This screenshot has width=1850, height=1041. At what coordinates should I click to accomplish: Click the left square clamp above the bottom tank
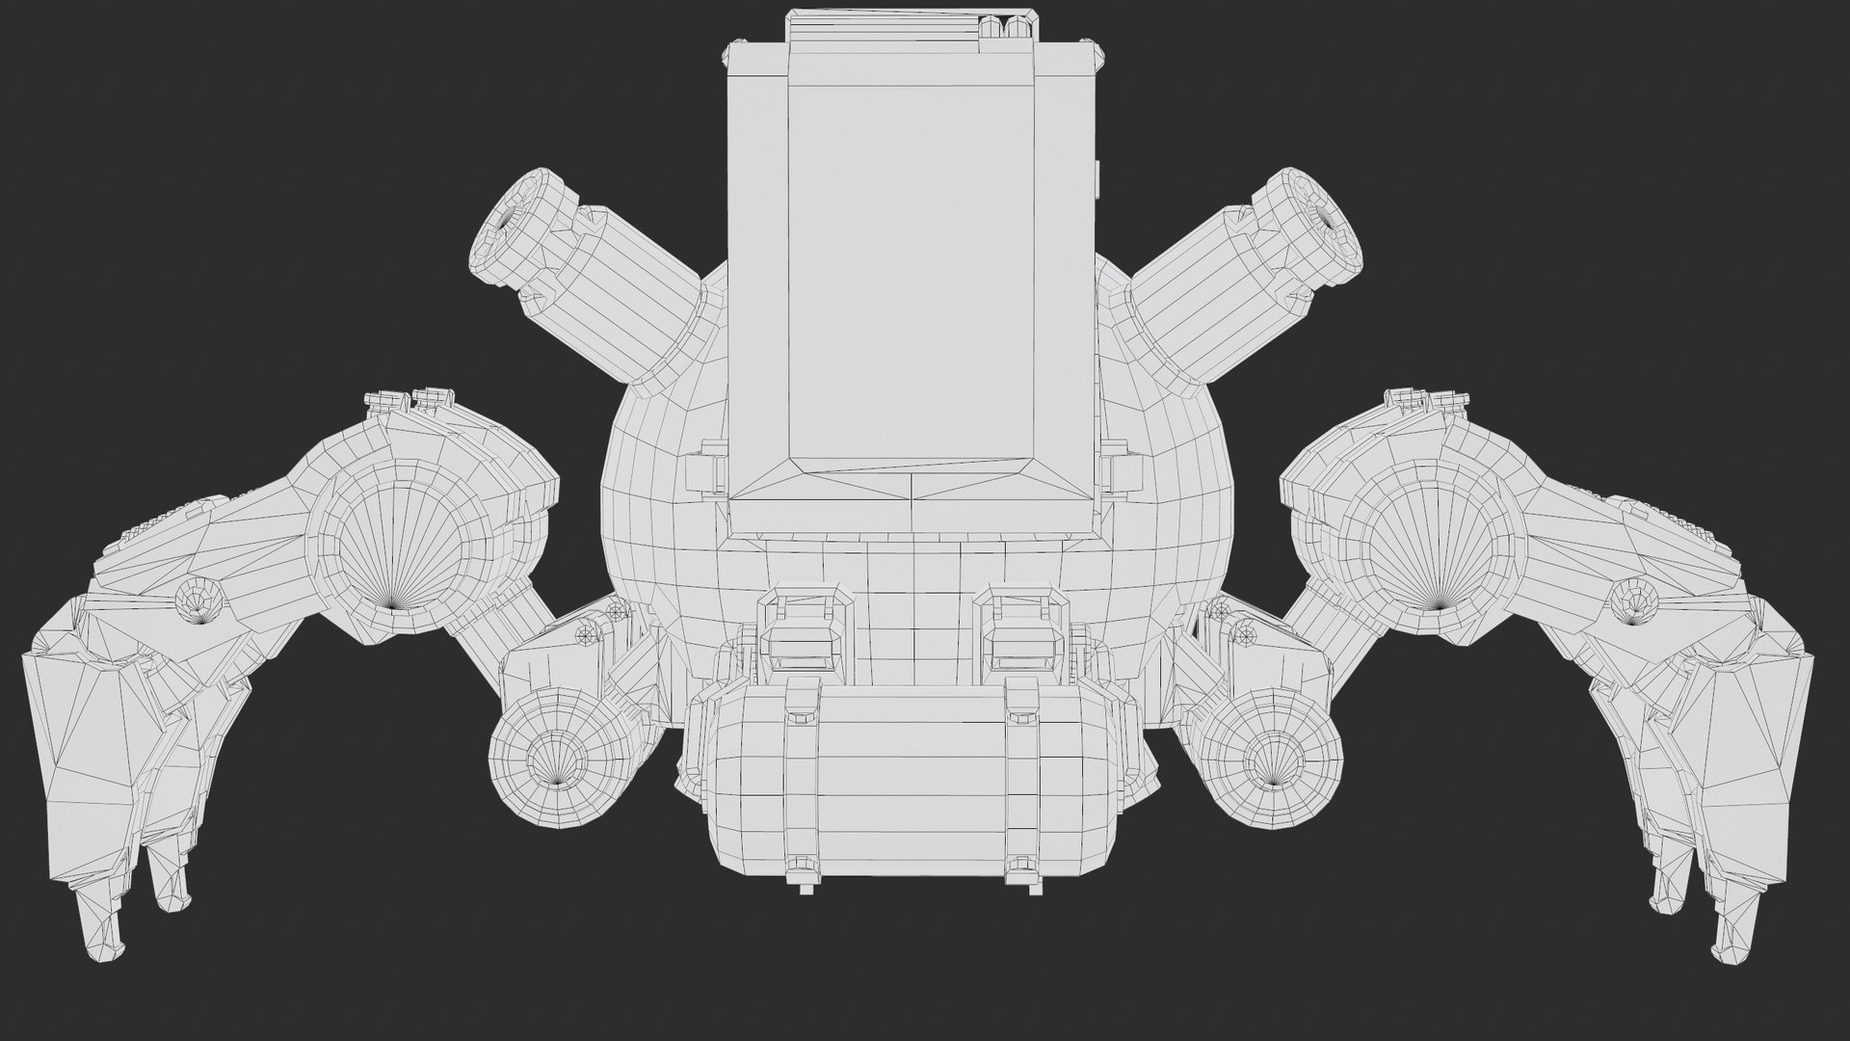pos(805,636)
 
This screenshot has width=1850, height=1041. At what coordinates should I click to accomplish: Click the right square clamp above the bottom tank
pos(1021,636)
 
